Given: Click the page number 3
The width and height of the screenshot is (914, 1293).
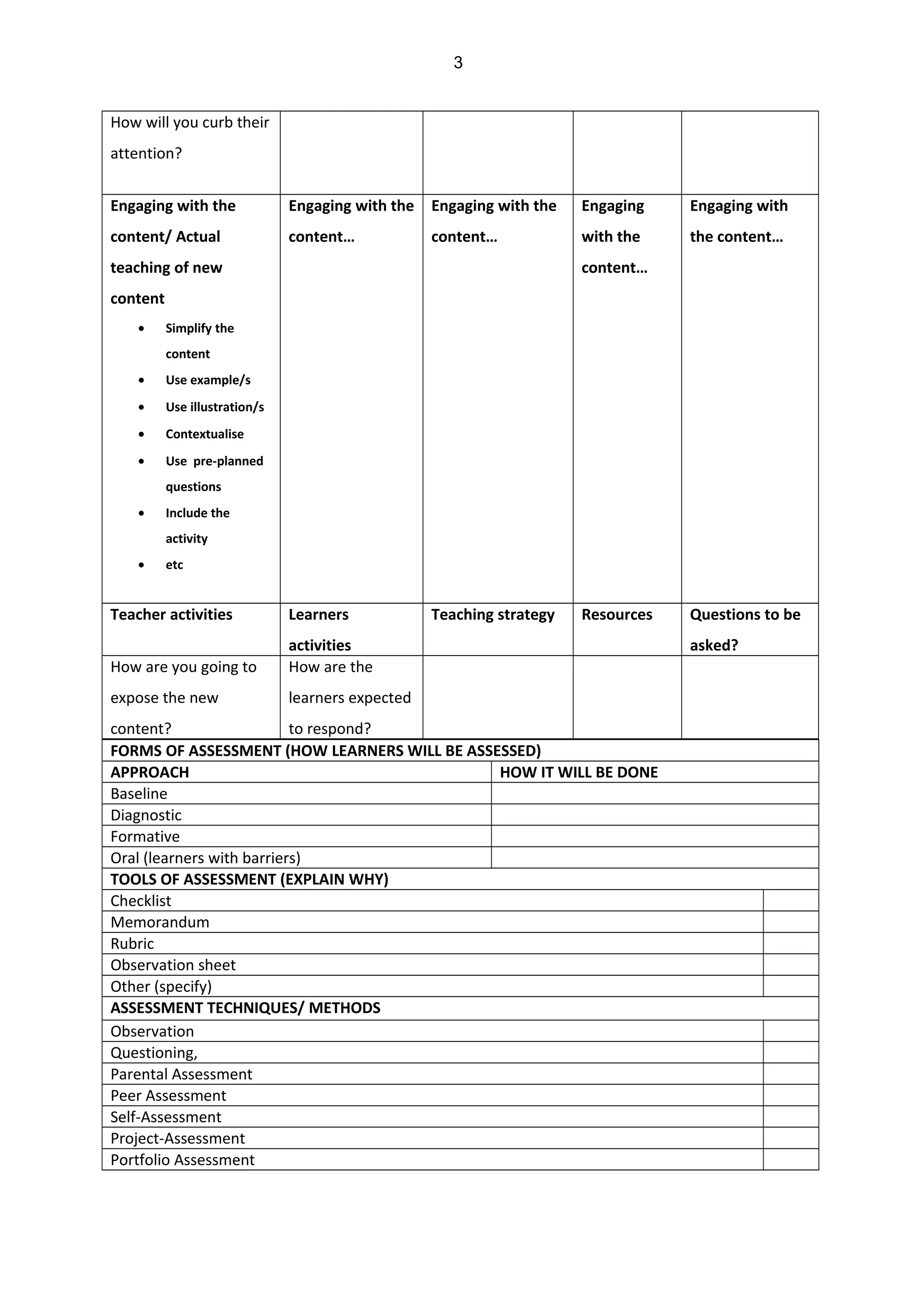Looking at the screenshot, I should click(458, 62).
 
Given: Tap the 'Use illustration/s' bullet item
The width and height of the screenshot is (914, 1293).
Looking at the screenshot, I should click(214, 407).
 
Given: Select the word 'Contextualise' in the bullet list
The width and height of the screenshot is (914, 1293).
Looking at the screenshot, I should click(204, 434).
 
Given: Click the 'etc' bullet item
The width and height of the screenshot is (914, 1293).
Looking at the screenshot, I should click(174, 565).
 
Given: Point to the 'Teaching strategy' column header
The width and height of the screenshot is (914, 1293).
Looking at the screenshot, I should click(493, 614).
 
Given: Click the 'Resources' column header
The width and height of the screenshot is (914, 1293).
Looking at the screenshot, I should click(617, 614).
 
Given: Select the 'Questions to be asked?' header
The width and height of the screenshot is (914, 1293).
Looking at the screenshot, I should click(744, 629).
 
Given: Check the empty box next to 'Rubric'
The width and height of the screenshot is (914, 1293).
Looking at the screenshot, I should click(790, 943).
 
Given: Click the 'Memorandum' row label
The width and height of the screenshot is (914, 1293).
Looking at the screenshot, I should click(160, 922).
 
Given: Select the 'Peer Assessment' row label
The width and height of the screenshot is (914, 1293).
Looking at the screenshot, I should click(168, 1095).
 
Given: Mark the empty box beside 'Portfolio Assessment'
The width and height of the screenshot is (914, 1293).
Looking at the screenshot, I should click(790, 1160).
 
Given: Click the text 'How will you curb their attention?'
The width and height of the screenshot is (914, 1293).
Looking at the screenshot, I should click(190, 137).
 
